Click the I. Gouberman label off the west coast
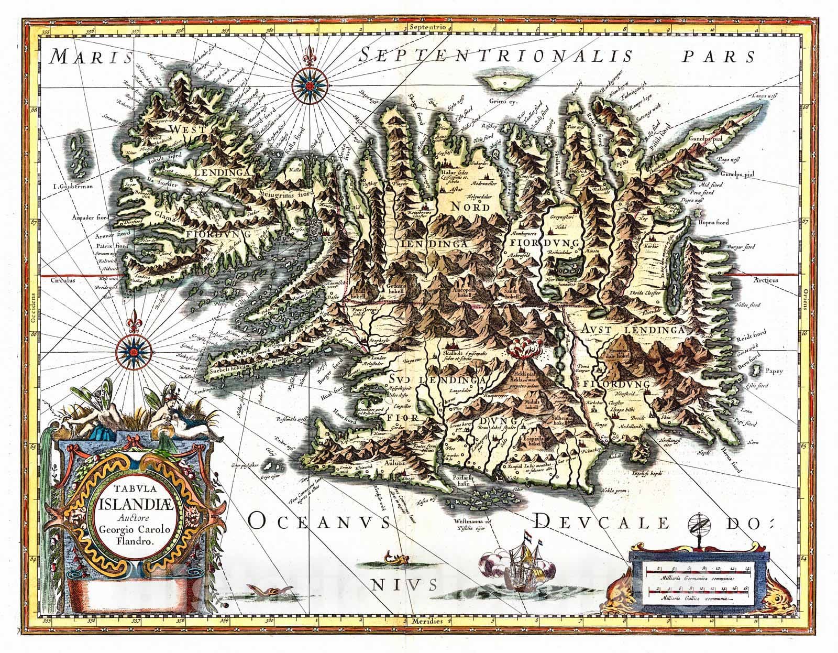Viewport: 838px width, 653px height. tap(76, 185)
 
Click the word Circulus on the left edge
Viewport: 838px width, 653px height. tap(63, 280)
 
